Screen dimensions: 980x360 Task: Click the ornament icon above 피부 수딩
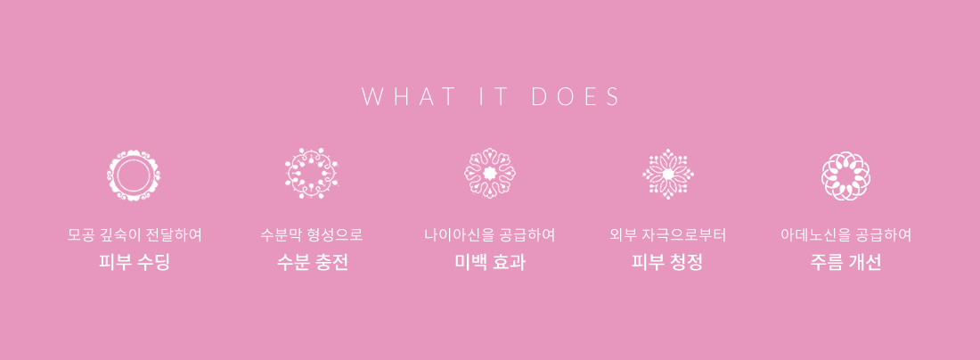(133, 176)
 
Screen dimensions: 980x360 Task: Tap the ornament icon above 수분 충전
(311, 174)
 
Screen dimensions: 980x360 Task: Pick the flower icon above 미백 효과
(490, 173)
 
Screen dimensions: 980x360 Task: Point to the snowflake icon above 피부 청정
(668, 174)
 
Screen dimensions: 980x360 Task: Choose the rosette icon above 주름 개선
(845, 176)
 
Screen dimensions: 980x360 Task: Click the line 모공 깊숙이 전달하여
(135, 235)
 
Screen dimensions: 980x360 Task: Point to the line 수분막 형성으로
(312, 235)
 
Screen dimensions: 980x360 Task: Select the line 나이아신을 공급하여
(490, 235)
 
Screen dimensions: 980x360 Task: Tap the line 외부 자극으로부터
(667, 235)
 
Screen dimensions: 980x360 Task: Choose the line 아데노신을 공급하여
(845, 235)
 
